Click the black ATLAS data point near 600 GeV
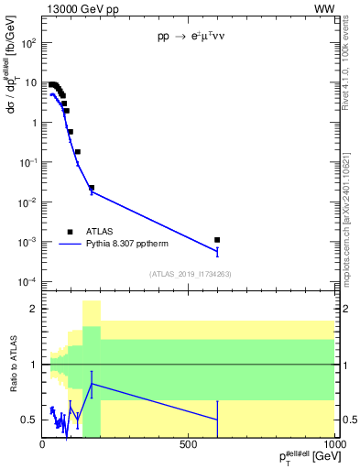click(217, 240)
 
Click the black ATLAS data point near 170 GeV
click(92, 188)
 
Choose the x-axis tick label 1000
click(330, 444)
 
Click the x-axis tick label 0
click(42, 444)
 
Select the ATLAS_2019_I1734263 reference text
click(189, 274)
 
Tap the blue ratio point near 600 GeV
click(217, 420)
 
